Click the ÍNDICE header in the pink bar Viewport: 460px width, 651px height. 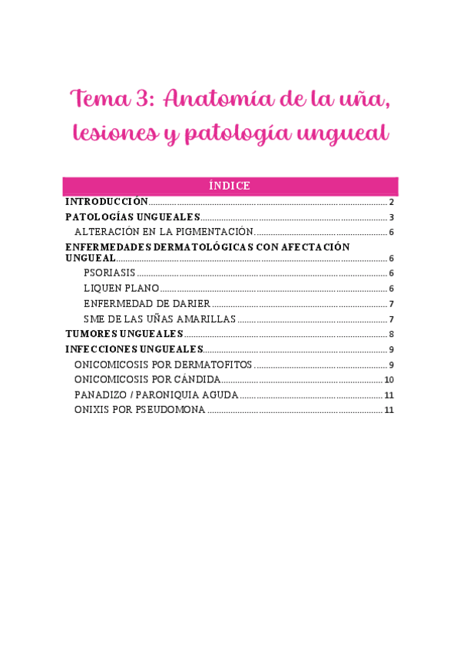click(230, 186)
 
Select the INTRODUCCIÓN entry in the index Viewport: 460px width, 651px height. click(106, 201)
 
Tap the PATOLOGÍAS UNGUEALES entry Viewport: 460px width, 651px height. click(133, 217)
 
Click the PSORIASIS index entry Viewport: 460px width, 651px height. click(109, 273)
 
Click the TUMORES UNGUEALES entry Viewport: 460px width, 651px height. click(124, 333)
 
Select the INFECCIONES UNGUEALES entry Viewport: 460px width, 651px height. click(134, 349)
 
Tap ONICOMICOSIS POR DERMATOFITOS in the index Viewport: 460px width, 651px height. click(163, 364)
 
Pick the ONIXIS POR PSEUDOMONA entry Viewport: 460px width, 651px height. click(140, 410)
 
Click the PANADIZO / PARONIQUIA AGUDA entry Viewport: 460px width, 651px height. click(156, 395)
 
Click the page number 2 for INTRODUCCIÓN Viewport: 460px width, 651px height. click(392, 202)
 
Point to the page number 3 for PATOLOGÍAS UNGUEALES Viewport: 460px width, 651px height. click(392, 217)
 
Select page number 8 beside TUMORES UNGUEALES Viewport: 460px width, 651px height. click(392, 334)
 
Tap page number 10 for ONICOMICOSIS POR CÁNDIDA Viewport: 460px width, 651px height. click(389, 380)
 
